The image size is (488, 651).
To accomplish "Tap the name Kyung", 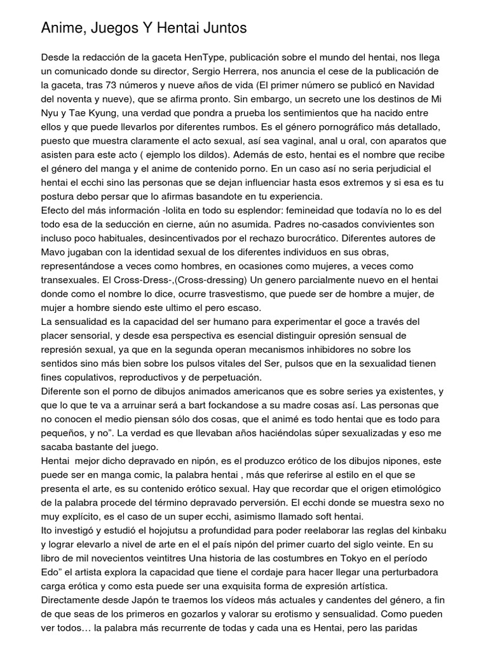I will (114, 113).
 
